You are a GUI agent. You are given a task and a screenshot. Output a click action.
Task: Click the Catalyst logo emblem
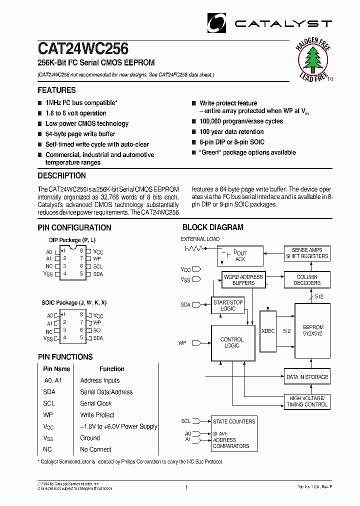pyautogui.click(x=217, y=23)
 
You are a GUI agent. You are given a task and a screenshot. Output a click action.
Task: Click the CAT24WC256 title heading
pyautogui.click(x=83, y=48)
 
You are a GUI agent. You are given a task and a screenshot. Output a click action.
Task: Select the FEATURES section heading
pyautogui.click(x=56, y=90)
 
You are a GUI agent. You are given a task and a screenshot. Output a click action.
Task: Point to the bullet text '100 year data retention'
pyautogui.click(x=231, y=131)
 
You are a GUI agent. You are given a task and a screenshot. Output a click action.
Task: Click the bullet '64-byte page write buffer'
pyautogui.click(x=80, y=134)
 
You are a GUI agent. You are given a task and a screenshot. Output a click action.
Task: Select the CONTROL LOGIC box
pyautogui.click(x=231, y=342)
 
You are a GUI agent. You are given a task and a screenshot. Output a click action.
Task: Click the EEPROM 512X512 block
pyautogui.click(x=312, y=330)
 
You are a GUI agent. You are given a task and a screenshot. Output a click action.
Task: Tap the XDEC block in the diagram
pyautogui.click(x=268, y=330)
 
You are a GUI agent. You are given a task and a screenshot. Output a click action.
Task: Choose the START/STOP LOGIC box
pyautogui.click(x=228, y=305)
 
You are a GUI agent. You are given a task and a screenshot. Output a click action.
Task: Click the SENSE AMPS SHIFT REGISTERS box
pyautogui.click(x=307, y=253)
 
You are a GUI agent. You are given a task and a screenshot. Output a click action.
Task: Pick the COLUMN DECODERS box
pyautogui.click(x=307, y=280)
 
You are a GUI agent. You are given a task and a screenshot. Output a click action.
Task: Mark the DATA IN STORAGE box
pyautogui.click(x=307, y=377)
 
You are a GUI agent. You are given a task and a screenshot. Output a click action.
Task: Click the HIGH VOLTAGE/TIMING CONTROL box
pyautogui.click(x=307, y=401)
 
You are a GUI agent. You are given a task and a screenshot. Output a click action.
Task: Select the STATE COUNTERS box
pyautogui.click(x=233, y=421)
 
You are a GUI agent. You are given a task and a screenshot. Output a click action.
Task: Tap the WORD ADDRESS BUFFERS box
pyautogui.click(x=243, y=280)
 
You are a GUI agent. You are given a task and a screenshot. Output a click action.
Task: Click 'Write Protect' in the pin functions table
pyautogui.click(x=97, y=415)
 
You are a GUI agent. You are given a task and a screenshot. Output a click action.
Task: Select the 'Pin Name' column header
pyautogui.click(x=56, y=369)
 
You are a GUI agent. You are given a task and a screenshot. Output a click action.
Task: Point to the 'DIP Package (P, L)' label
pyautogui.click(x=72, y=240)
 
